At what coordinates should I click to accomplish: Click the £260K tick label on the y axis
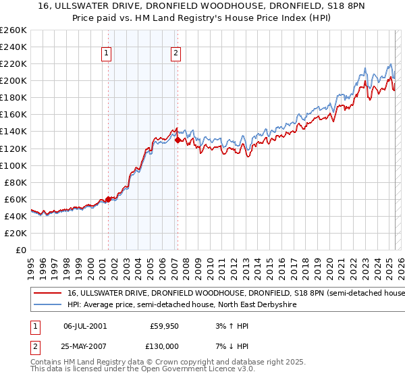click(x=13, y=30)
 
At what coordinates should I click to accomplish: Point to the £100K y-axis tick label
click(x=13, y=165)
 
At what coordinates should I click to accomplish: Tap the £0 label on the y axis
click(x=20, y=250)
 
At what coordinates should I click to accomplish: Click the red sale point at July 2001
click(x=108, y=199)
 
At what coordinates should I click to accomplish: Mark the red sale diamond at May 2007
click(x=178, y=140)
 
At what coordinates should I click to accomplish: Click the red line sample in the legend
click(x=48, y=294)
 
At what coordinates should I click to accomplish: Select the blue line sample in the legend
click(x=48, y=305)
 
